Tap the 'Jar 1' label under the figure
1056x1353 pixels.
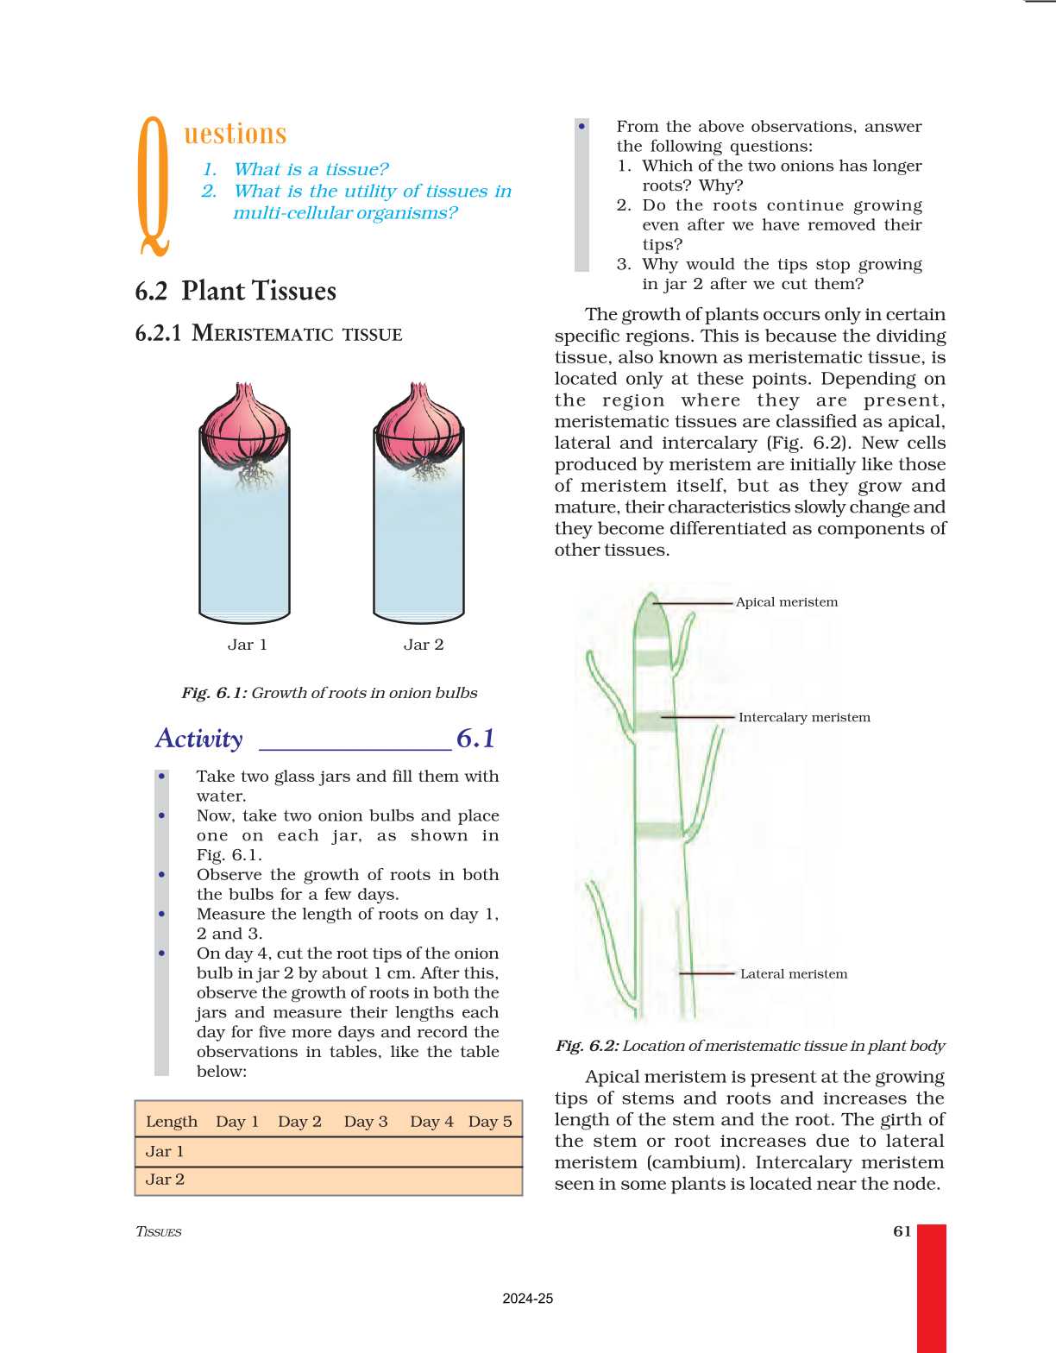click(247, 645)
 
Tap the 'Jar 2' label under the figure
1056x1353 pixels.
click(423, 645)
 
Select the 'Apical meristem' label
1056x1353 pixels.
click(786, 602)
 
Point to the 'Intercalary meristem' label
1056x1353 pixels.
click(804, 717)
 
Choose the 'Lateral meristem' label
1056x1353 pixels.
click(793, 973)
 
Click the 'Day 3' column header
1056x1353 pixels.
click(366, 1121)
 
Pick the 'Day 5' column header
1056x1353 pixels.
click(490, 1121)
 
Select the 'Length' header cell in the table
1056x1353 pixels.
click(172, 1121)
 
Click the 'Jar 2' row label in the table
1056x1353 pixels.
click(165, 1180)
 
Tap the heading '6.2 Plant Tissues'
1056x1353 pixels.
click(236, 292)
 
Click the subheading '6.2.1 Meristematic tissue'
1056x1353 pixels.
click(268, 334)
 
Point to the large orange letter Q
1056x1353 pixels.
click(154, 186)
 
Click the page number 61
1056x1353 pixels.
click(902, 1231)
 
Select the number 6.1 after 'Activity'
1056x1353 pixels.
click(475, 739)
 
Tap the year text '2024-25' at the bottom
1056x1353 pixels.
click(527, 1299)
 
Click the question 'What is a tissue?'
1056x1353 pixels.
click(311, 169)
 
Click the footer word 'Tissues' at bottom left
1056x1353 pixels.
click(159, 1231)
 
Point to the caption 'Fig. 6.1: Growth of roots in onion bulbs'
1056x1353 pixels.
click(329, 693)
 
